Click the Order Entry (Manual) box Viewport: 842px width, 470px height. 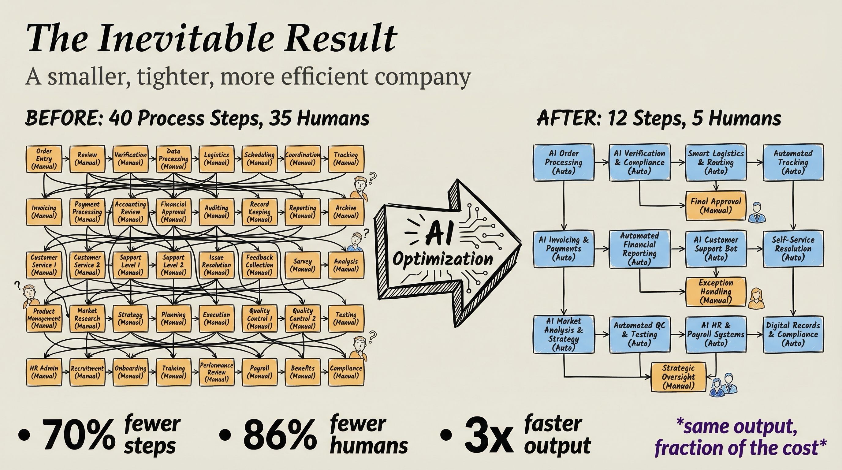tap(44, 159)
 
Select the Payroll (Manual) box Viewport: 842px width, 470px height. tap(259, 372)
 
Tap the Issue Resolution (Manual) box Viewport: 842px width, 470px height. tap(216, 265)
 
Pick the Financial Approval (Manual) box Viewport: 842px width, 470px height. tap(173, 212)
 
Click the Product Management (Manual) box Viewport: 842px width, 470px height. tap(44, 318)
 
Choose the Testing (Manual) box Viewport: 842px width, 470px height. tap(346, 318)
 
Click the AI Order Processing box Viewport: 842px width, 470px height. tap(564, 162)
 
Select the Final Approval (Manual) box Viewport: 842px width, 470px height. tap(716, 206)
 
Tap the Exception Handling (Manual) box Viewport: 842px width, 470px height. tap(716, 292)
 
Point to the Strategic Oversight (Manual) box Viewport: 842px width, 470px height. tap(678, 377)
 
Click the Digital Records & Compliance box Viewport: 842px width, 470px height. tap(793, 334)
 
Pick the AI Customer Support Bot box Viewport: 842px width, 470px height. tap(716, 248)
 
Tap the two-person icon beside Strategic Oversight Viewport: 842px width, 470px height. tap(723, 385)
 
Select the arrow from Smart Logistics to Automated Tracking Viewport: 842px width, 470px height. tap(755, 162)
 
